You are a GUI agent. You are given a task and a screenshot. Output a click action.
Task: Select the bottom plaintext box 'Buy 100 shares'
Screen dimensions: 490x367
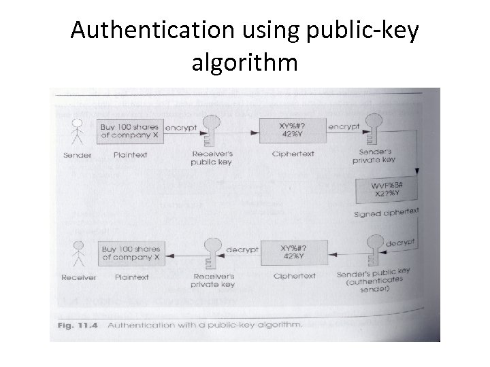[130, 254]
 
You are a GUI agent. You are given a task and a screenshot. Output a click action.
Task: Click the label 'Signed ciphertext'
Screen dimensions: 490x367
[386, 213]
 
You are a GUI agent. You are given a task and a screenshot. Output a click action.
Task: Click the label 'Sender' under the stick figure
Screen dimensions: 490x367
[77, 156]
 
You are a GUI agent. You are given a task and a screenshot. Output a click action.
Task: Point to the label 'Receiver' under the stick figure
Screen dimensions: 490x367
[78, 277]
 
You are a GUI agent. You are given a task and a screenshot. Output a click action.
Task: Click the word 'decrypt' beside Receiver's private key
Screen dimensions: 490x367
[242, 249]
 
